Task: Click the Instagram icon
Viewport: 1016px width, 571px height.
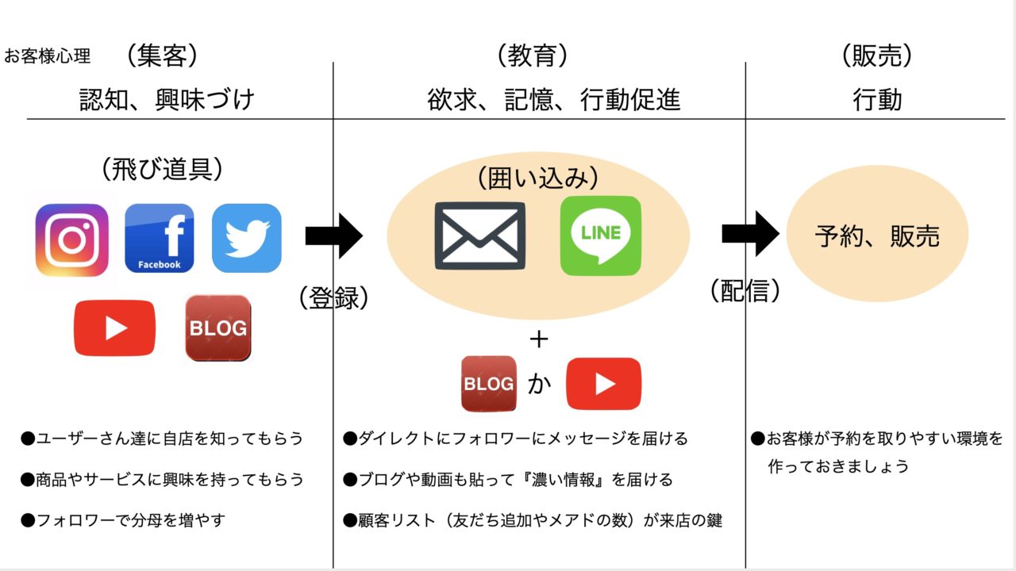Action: (x=72, y=240)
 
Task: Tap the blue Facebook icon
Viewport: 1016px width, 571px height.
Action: (x=160, y=238)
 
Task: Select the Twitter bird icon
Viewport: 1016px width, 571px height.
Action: (x=247, y=238)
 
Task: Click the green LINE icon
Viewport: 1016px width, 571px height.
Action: (x=601, y=236)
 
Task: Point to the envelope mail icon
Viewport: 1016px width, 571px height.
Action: (x=480, y=236)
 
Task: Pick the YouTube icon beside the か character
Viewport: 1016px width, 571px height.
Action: (x=604, y=384)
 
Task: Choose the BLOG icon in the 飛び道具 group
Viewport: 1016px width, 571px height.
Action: (x=218, y=328)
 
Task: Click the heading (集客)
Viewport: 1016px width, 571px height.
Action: (x=162, y=56)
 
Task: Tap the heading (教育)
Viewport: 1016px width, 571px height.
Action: (x=532, y=56)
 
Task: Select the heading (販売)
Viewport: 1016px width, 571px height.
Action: (x=877, y=56)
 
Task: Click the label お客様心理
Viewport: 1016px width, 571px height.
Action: (x=48, y=56)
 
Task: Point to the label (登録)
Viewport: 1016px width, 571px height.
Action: (x=334, y=297)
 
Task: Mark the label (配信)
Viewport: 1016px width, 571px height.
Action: (x=745, y=290)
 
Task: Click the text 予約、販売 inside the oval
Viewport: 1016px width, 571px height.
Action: (x=877, y=236)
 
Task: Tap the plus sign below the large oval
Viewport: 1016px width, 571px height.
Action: (x=539, y=339)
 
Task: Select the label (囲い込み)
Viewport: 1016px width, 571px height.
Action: (x=538, y=177)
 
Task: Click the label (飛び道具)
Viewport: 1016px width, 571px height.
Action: (x=162, y=169)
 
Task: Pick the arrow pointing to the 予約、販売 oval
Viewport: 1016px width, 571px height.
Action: (x=751, y=234)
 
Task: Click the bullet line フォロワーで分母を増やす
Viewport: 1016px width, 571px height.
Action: (x=123, y=520)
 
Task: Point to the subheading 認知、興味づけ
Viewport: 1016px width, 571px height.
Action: (x=167, y=99)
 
